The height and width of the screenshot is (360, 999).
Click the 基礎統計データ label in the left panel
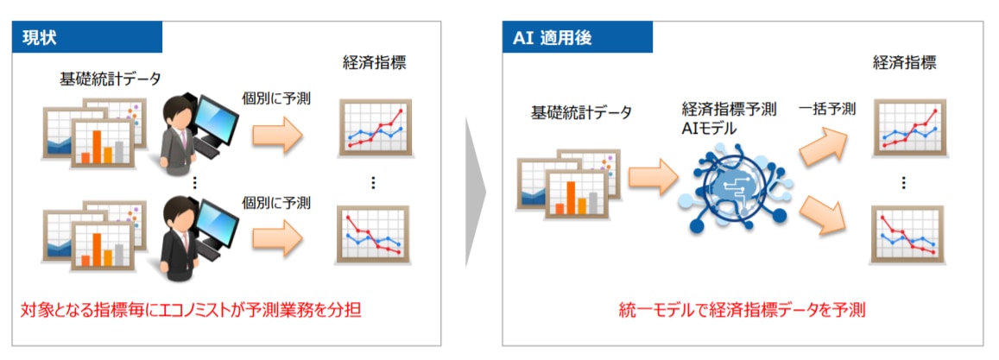coord(110,79)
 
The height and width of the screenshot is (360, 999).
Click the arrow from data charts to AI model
coord(652,177)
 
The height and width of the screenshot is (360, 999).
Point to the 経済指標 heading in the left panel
coord(373,62)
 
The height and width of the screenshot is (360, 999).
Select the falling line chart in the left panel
coord(374,235)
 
